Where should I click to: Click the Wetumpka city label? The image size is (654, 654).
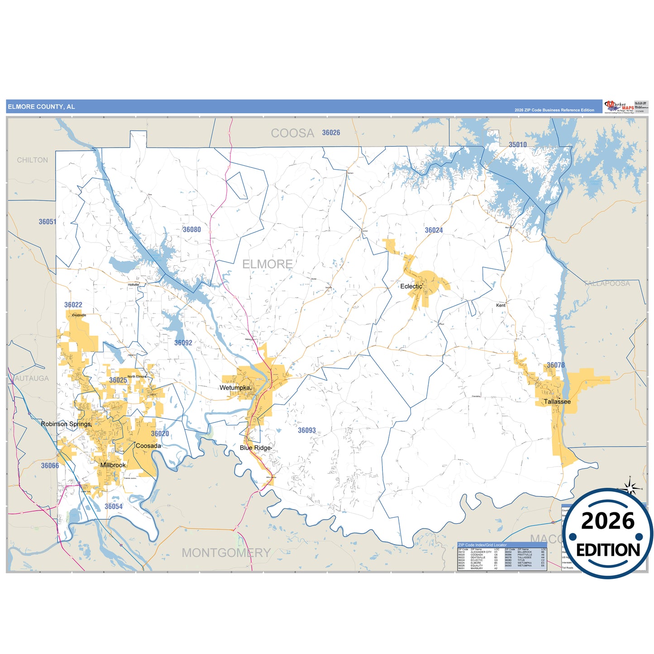click(x=234, y=388)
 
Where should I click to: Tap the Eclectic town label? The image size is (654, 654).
click(x=411, y=286)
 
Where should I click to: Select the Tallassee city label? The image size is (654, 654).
click(x=557, y=401)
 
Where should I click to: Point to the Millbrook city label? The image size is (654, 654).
click(x=113, y=465)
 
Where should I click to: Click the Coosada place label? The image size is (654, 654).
click(x=148, y=446)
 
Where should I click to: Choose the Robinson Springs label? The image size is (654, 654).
click(x=66, y=424)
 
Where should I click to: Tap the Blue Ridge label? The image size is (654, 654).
click(x=255, y=448)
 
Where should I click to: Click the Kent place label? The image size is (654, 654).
click(x=501, y=305)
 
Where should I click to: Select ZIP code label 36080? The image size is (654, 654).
click(x=191, y=229)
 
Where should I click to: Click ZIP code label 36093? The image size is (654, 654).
click(x=306, y=430)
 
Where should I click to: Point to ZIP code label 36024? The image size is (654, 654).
click(x=434, y=230)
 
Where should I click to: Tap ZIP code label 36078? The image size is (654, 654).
click(x=555, y=365)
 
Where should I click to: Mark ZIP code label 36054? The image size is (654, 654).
click(x=114, y=506)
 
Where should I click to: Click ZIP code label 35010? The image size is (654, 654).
click(x=517, y=145)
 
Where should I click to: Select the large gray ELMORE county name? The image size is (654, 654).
click(x=267, y=264)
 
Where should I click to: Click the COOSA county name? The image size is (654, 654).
click(x=292, y=133)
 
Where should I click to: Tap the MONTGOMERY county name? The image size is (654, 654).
click(x=226, y=553)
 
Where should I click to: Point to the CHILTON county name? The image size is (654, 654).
click(x=32, y=160)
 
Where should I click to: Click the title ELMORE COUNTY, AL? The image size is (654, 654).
click(x=41, y=107)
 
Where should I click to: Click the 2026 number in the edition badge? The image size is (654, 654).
click(x=607, y=521)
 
